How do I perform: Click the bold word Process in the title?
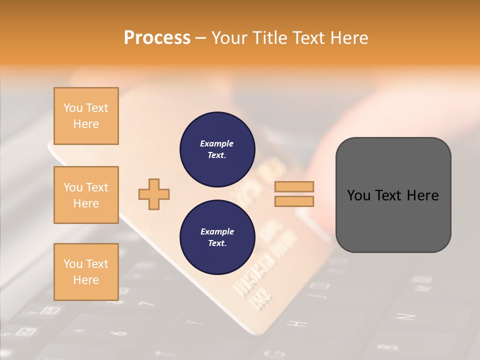157,38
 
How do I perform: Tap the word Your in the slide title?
230,38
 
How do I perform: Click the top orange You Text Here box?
86,116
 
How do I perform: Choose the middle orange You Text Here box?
86,195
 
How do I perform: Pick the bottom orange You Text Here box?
86,271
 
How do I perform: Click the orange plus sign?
154,194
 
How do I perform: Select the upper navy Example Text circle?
217,149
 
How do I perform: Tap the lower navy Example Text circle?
217,237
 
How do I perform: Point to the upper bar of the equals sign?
294,187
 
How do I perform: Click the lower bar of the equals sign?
294,201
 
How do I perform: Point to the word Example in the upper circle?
217,143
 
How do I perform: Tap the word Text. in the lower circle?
217,243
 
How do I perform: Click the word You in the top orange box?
73,108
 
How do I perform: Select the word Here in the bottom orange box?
86,280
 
